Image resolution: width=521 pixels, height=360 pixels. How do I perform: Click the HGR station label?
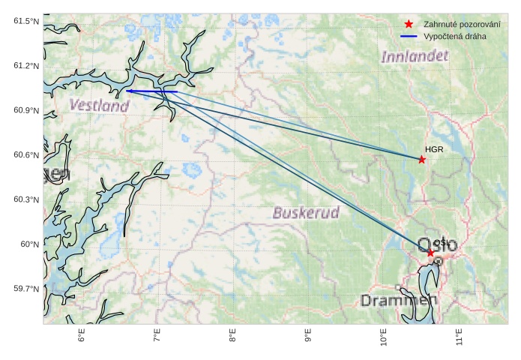(x=434, y=150)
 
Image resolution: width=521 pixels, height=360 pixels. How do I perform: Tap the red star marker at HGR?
(x=422, y=159)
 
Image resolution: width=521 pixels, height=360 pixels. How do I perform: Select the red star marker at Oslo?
(x=430, y=253)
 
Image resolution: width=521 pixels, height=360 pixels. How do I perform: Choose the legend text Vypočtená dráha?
(x=454, y=36)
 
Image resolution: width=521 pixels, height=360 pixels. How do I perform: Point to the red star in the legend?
(x=409, y=25)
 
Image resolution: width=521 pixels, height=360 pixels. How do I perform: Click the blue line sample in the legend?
(x=409, y=36)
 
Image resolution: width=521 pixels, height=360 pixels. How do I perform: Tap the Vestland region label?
(x=99, y=106)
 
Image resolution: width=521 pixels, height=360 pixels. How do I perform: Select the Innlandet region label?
(x=415, y=56)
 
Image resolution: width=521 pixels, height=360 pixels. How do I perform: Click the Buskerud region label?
(x=306, y=212)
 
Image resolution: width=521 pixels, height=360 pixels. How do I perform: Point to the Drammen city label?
(x=398, y=300)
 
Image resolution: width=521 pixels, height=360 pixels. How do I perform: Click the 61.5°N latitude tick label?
(x=26, y=21)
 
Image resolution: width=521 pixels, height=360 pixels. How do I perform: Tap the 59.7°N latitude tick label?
(x=26, y=289)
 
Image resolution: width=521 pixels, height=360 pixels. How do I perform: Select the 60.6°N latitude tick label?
(x=26, y=155)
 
